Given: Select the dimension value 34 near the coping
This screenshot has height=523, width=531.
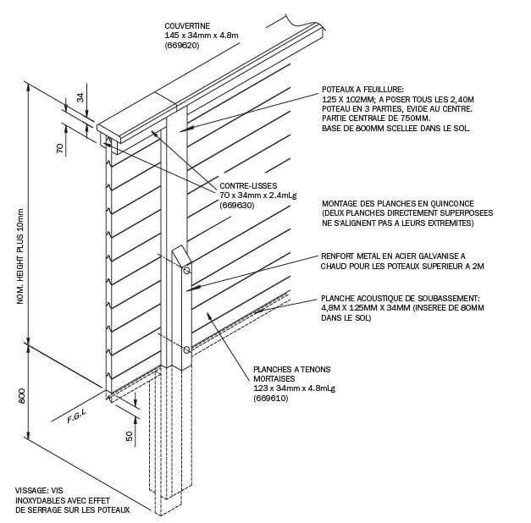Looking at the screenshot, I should point(81,97).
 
